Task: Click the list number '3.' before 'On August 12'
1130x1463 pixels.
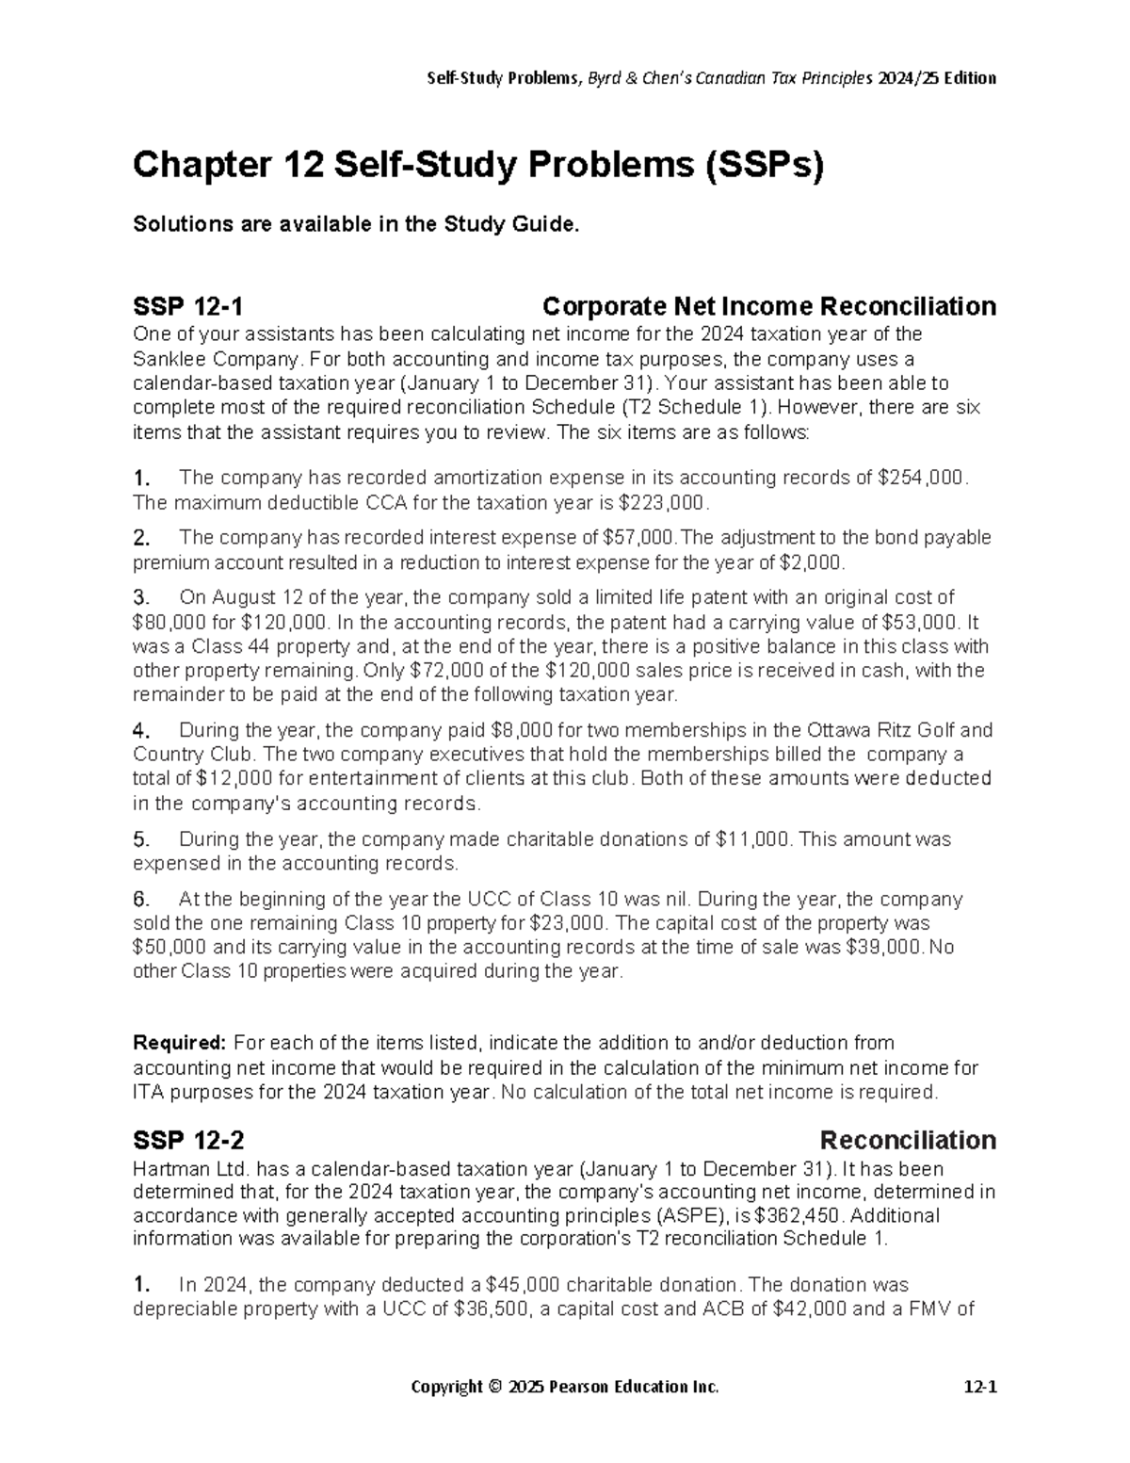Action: click(x=141, y=598)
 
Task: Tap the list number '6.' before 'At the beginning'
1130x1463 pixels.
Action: click(x=141, y=900)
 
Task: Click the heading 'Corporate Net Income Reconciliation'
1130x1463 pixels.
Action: click(x=769, y=307)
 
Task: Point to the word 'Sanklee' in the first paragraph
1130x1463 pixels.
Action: click(x=168, y=359)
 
